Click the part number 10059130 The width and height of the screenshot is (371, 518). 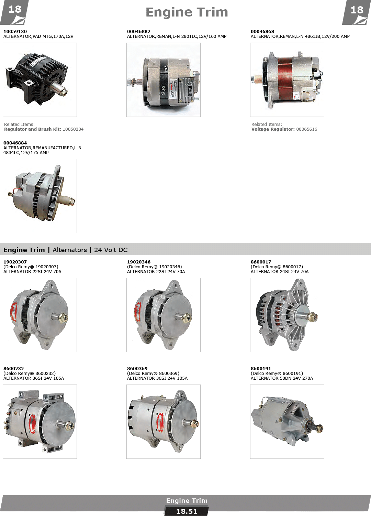pos(15,31)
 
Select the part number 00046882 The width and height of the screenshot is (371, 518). pos(138,31)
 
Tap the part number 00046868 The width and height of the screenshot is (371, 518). pos(262,31)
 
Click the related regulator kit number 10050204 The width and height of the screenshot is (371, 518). pos(73,129)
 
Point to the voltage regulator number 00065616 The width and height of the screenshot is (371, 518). pos(306,129)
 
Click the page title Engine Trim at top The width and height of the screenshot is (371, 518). pos(187,12)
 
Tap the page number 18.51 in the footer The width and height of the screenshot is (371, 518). pos(187,511)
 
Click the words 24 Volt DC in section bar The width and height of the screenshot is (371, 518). pos(111,250)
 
